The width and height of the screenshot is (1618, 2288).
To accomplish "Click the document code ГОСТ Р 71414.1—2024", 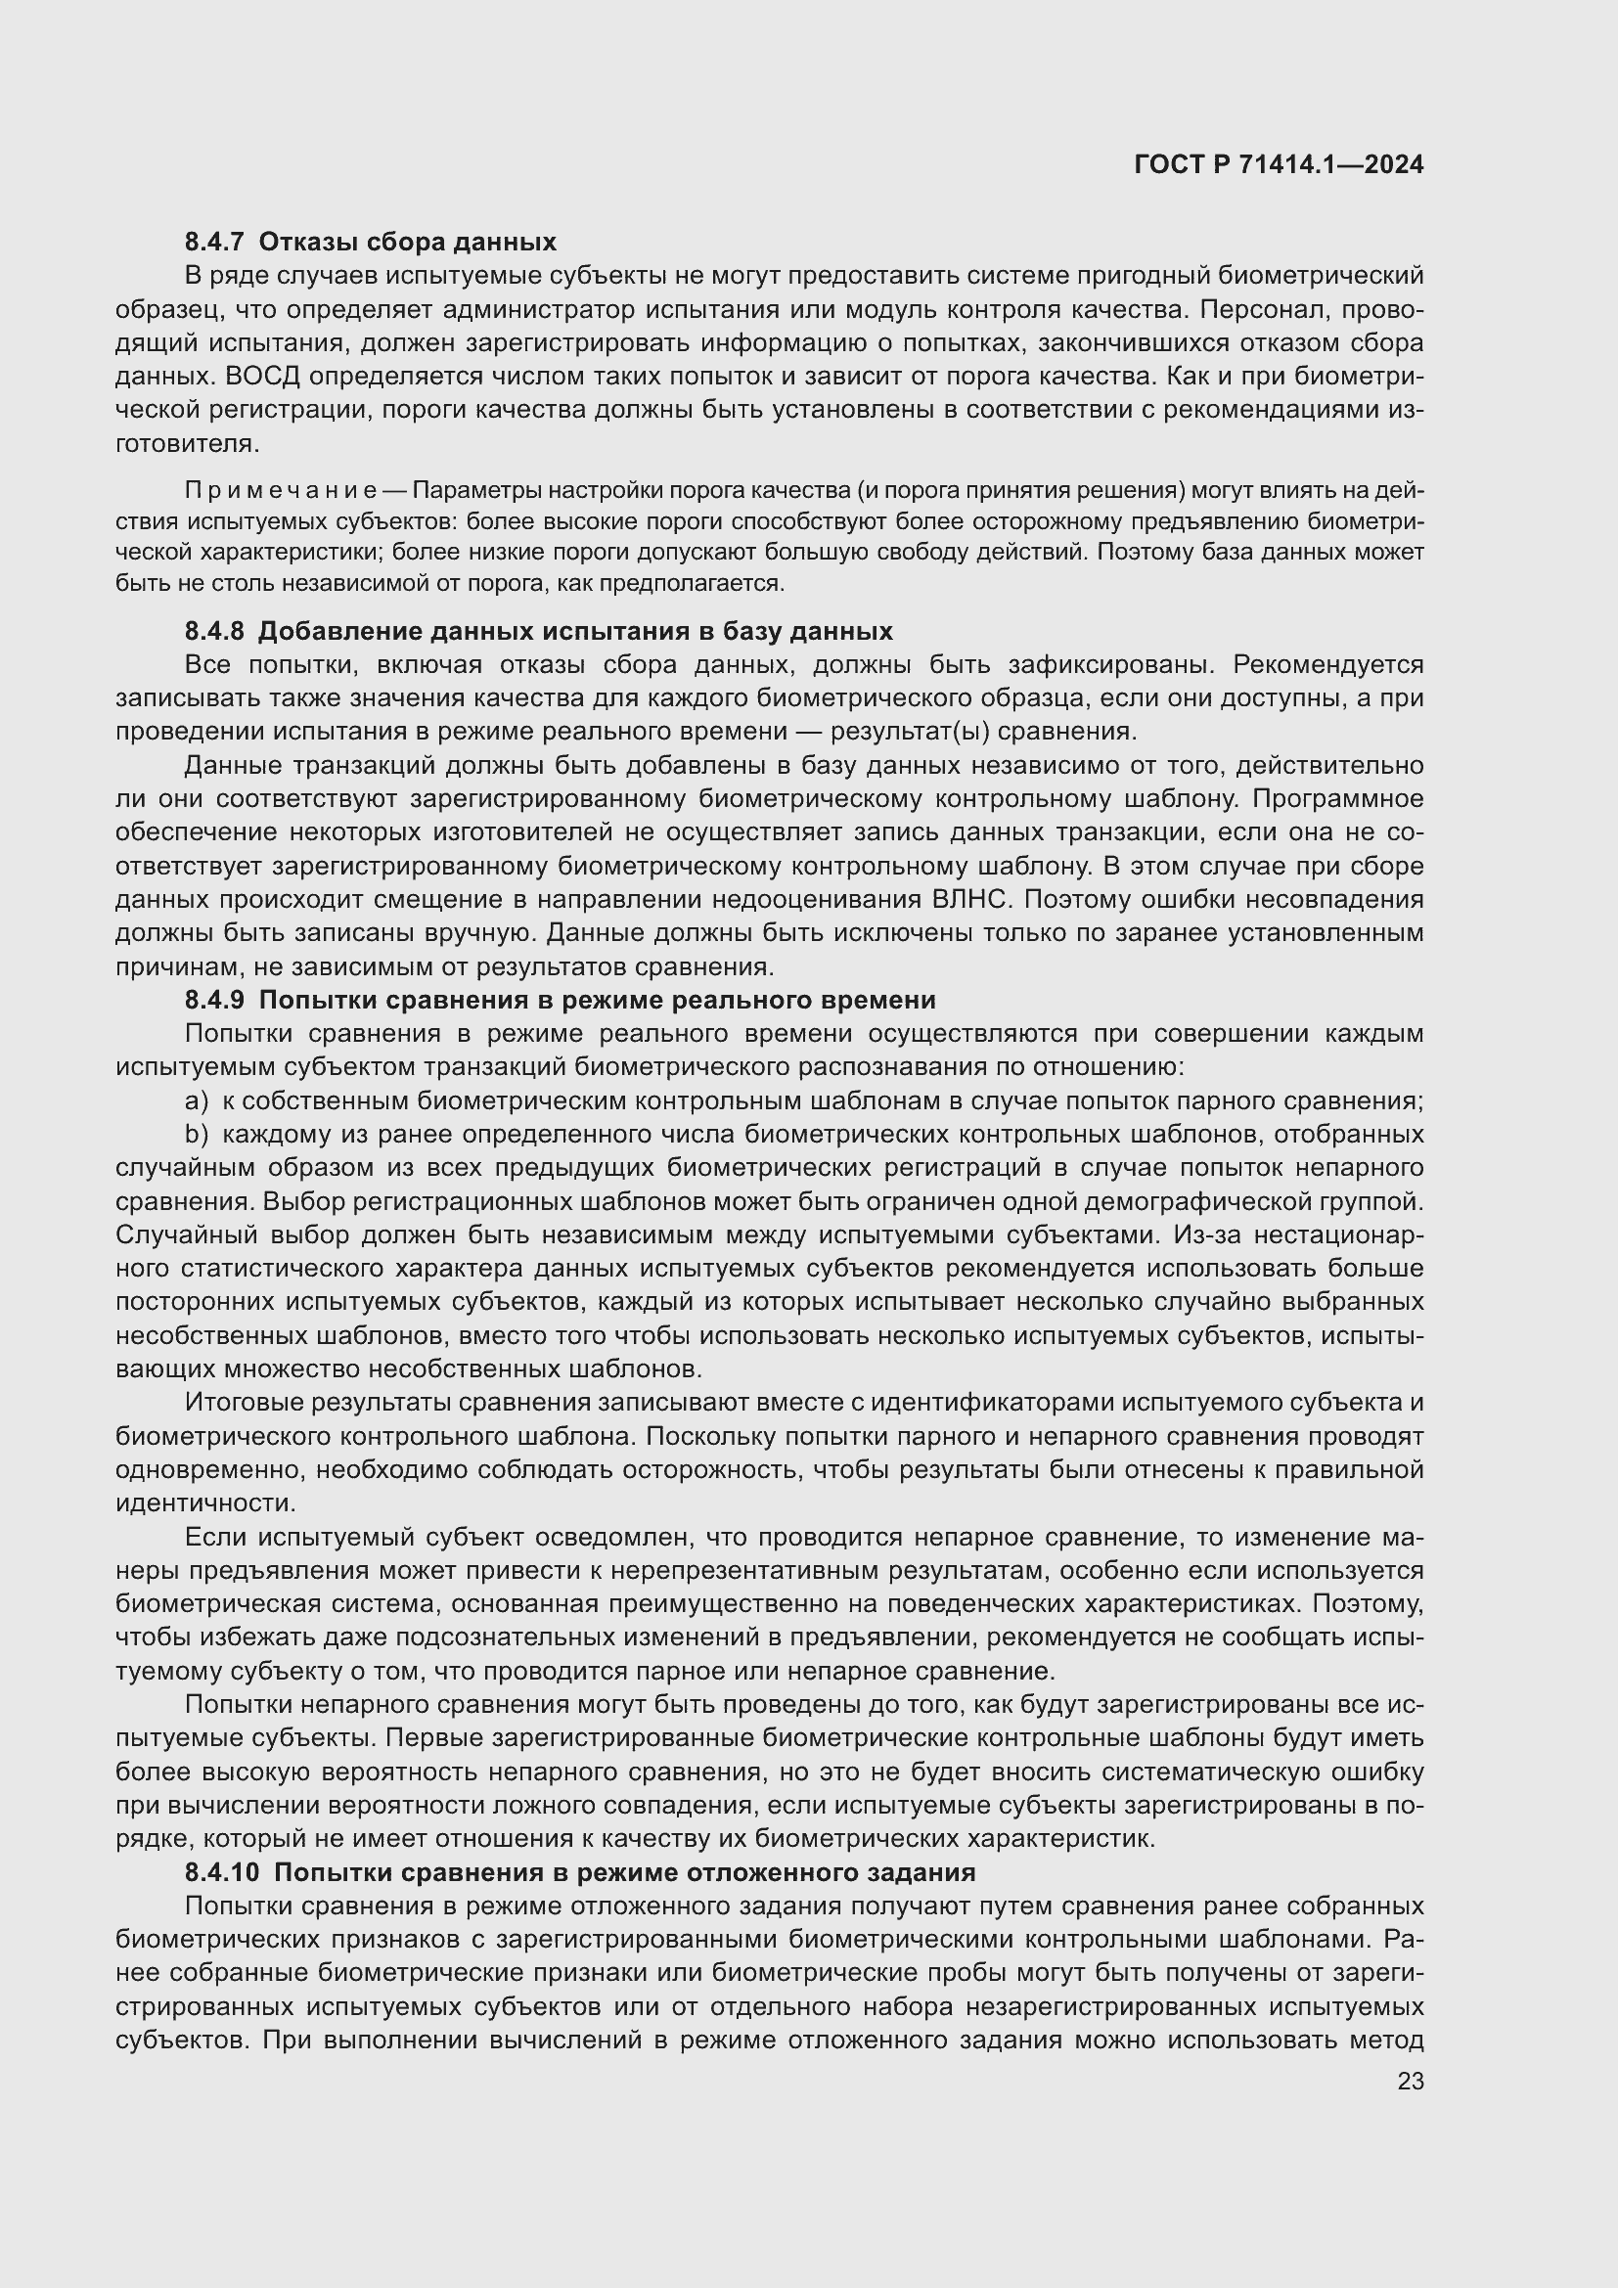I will pos(1279,165).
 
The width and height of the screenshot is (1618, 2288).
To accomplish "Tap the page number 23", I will pos(1410,2081).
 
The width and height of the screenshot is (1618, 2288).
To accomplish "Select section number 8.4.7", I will pos(214,243).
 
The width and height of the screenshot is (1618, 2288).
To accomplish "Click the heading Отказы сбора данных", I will pos(407,243).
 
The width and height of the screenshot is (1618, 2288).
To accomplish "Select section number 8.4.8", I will pos(214,631).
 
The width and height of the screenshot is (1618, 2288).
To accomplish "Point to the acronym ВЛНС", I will pos(971,900).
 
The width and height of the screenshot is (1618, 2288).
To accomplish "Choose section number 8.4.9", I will pos(214,1000).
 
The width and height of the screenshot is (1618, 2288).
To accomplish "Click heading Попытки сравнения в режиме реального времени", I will pos(597,1000).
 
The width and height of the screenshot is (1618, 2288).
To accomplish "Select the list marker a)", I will pos(197,1101).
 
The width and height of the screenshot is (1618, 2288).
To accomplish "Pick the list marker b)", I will pos(197,1134).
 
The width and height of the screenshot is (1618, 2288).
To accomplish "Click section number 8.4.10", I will pos(221,1872).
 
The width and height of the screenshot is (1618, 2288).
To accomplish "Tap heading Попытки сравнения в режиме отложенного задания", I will pos(624,1872).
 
